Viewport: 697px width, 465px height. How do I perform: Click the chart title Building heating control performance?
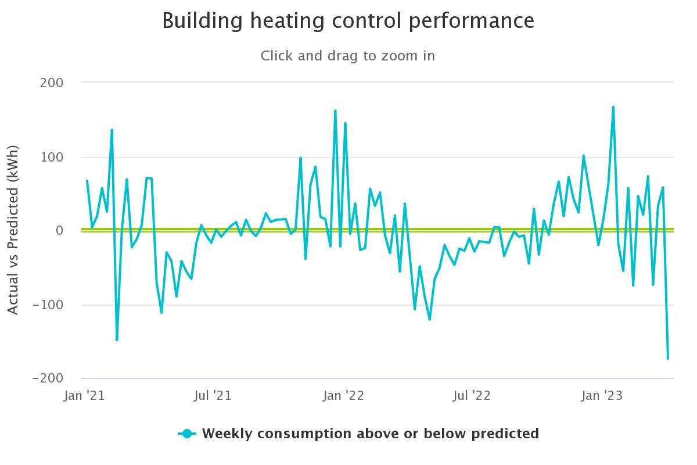click(348, 21)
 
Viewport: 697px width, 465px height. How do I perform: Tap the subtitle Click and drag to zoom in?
click(348, 56)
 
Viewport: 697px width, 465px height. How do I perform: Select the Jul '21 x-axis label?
click(213, 396)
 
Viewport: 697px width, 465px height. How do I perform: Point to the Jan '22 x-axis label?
click(344, 396)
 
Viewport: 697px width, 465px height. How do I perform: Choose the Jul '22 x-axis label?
click(472, 396)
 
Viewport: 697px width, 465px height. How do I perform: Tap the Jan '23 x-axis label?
click(602, 396)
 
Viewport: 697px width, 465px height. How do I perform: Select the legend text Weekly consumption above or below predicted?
click(371, 434)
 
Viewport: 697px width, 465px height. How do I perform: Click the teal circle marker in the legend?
click(186, 434)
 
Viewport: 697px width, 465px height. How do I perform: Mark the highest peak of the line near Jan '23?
click(613, 107)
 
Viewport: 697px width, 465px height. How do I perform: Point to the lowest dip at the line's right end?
click(668, 358)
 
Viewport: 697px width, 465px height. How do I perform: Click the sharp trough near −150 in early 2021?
click(117, 339)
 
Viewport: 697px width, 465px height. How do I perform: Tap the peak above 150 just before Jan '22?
click(335, 110)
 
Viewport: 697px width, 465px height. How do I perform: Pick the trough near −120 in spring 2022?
click(430, 319)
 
